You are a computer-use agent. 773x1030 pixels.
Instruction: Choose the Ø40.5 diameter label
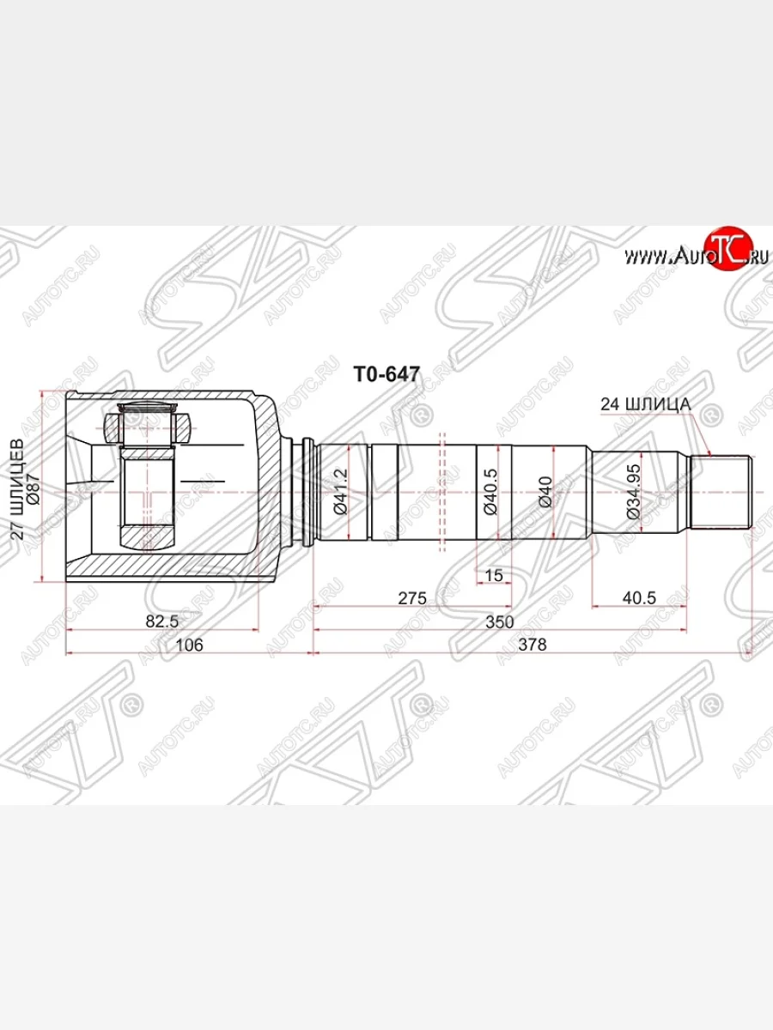(x=490, y=492)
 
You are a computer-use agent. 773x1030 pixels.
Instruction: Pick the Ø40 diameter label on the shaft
(x=544, y=492)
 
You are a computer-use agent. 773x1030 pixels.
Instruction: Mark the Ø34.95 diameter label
(x=632, y=491)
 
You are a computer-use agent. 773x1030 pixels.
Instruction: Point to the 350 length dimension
(x=499, y=621)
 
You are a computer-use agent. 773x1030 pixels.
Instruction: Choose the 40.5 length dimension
(x=639, y=598)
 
